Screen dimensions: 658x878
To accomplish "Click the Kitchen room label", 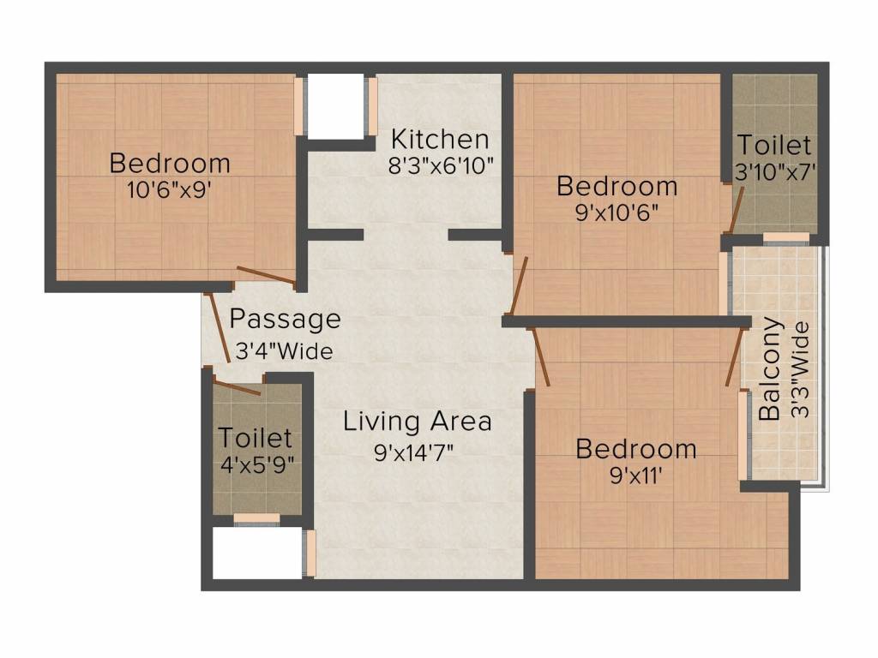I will (440, 139).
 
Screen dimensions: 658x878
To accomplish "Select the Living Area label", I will (418, 422).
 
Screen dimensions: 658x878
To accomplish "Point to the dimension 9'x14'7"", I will (413, 452).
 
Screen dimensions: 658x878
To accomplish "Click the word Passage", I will (286, 320).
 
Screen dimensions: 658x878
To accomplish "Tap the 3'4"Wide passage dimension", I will (284, 350).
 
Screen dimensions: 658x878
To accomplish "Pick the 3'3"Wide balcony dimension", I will (799, 369).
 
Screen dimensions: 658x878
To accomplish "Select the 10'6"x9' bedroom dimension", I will (169, 190).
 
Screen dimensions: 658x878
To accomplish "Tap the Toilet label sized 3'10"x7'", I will (773, 144).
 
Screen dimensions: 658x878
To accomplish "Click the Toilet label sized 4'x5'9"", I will (255, 438).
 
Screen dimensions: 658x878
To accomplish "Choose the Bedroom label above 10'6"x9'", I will (170, 162).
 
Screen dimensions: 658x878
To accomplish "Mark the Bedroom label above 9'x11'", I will (635, 448).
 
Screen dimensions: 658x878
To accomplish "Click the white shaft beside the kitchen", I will (335, 106).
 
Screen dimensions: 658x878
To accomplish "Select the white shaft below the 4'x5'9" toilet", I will (256, 553).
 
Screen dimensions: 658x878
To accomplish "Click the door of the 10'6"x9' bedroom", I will (266, 276).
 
